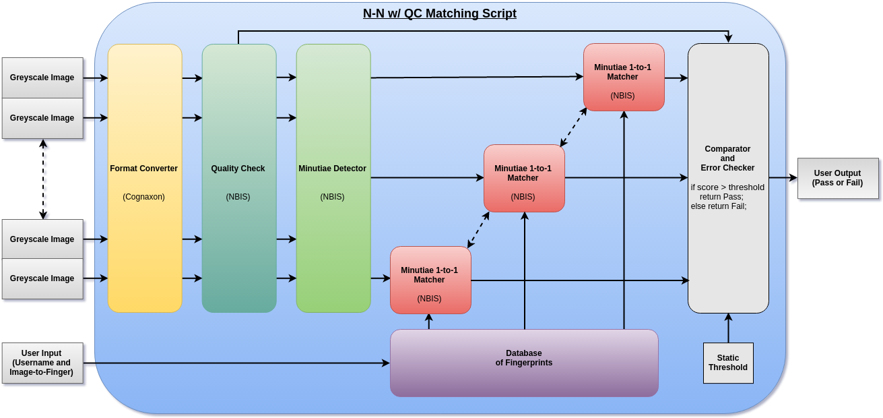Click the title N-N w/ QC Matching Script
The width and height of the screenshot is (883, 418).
(x=439, y=13)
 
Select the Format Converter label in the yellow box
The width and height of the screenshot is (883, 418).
(x=144, y=169)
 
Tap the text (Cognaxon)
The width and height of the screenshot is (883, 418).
(x=143, y=197)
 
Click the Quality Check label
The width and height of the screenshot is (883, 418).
(x=238, y=169)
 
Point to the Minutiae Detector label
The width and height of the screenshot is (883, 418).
(x=332, y=169)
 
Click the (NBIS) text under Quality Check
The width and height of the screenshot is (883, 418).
(x=238, y=197)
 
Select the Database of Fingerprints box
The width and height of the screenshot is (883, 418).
(x=523, y=362)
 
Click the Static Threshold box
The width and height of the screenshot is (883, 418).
(x=727, y=363)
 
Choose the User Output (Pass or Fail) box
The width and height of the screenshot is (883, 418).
(x=837, y=178)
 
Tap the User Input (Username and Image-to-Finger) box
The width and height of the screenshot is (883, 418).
(x=42, y=363)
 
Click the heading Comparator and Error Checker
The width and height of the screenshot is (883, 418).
(x=727, y=158)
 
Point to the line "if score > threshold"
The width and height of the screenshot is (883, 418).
(x=727, y=187)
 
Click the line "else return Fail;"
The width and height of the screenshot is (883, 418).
(x=718, y=206)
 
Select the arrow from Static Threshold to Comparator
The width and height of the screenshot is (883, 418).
(x=728, y=329)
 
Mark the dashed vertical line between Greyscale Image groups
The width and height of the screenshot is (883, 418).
(x=45, y=179)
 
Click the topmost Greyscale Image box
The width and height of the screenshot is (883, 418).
(x=42, y=78)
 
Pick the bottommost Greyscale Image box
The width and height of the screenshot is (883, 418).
(x=42, y=278)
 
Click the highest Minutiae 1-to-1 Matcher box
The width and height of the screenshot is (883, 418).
(x=623, y=77)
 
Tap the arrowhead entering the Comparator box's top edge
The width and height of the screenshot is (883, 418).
(x=728, y=39)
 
